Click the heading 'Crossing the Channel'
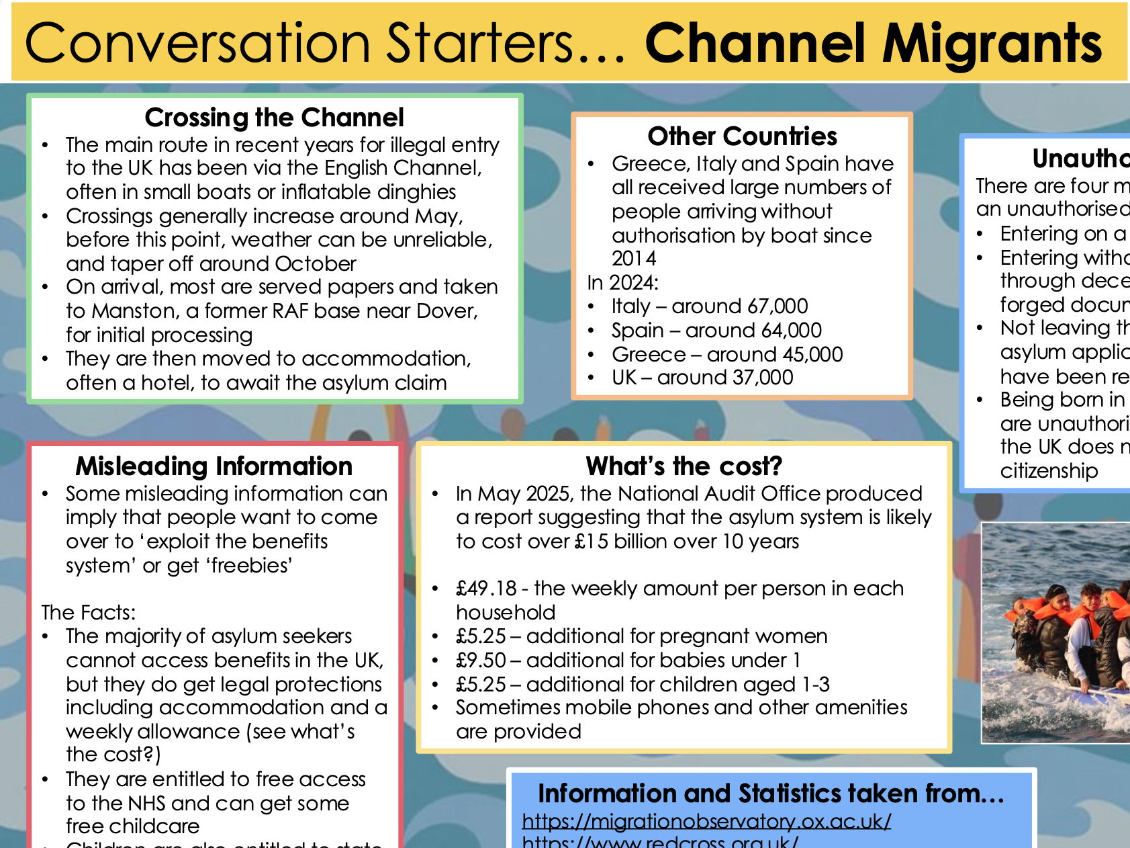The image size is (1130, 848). [x=274, y=118]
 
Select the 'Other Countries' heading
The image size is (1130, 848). [x=742, y=136]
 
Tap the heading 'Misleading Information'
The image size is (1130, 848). [x=214, y=466]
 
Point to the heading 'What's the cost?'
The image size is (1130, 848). [x=684, y=466]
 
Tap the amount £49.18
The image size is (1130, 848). [x=486, y=589]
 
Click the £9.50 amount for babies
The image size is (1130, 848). [x=481, y=660]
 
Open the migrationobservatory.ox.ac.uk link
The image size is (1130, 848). [x=706, y=821]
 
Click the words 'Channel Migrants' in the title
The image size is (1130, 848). [x=873, y=44]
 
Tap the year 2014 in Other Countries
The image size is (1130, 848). [x=634, y=259]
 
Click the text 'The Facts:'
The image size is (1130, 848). [x=88, y=612]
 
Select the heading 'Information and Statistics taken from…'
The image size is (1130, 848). [x=771, y=794]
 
